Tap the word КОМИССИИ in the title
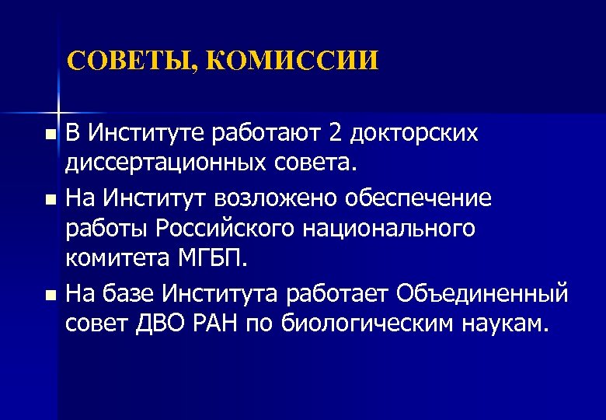pos(292,61)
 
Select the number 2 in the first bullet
pos(336,134)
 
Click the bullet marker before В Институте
pos(50,135)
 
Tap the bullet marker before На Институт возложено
pos(50,199)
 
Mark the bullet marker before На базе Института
pos(50,295)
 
